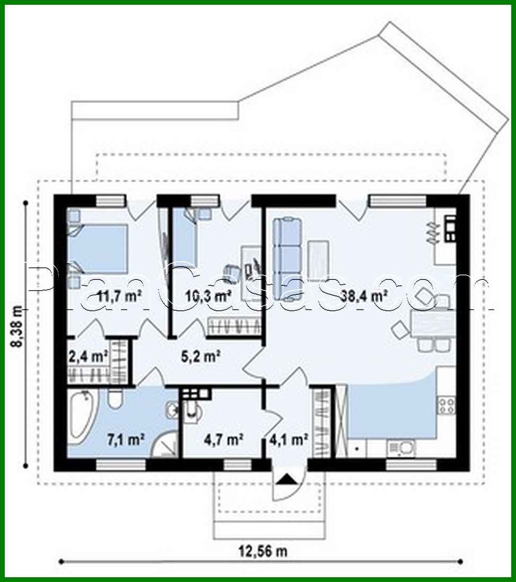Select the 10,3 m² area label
point(208,296)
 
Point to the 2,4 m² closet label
point(88,357)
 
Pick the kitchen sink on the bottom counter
point(401,448)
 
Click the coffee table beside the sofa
point(318,260)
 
